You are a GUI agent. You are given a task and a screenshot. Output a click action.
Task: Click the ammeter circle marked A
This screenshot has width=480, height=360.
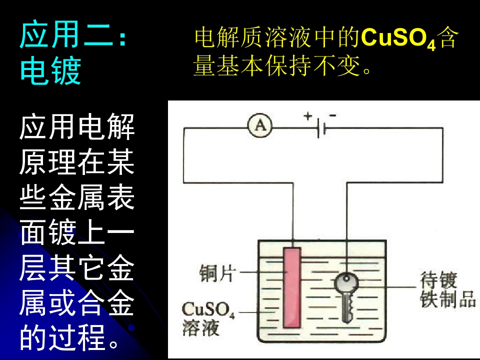point(260,125)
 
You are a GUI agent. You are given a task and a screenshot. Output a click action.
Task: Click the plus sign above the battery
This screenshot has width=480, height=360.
point(307,116)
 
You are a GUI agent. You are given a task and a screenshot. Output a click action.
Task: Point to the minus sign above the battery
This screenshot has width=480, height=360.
point(333,115)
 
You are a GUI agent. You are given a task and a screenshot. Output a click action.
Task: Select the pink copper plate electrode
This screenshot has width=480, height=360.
point(291,288)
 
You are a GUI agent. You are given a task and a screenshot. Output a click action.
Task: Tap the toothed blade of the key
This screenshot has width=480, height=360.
point(347,307)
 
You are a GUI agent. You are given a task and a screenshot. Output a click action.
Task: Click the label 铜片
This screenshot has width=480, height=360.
point(218,273)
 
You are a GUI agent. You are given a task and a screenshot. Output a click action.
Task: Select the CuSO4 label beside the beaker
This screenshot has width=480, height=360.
point(208,310)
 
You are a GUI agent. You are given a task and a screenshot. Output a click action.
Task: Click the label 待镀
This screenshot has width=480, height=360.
point(438,280)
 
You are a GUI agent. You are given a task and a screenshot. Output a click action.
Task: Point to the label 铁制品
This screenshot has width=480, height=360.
point(448,298)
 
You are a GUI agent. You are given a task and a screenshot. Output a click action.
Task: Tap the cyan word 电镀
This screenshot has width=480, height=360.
point(51,70)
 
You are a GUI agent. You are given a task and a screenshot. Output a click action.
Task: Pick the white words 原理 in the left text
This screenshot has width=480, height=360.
point(48,162)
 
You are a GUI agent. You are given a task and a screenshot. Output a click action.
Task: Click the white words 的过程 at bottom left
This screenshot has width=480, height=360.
point(62,337)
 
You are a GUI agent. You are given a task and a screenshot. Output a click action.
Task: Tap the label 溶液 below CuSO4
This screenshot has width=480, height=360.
point(201,328)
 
